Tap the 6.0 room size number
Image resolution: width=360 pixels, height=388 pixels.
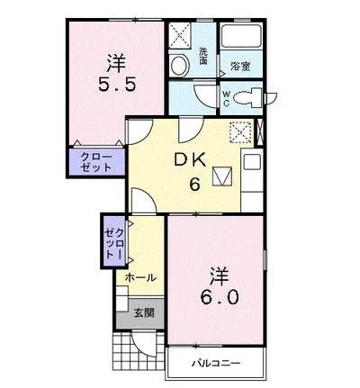218,295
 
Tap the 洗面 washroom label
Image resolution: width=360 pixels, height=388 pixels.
204,56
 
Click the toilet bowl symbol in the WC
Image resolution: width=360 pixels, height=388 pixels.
252,98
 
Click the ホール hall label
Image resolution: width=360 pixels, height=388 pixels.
140,277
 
